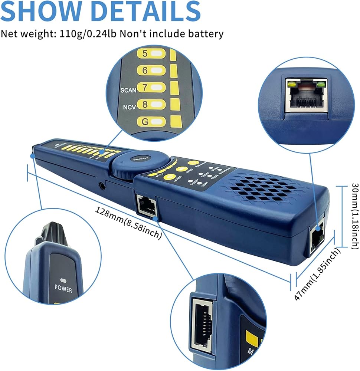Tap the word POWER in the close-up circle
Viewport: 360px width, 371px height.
[x=63, y=288]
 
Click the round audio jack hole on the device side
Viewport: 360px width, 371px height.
[x=101, y=184]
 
